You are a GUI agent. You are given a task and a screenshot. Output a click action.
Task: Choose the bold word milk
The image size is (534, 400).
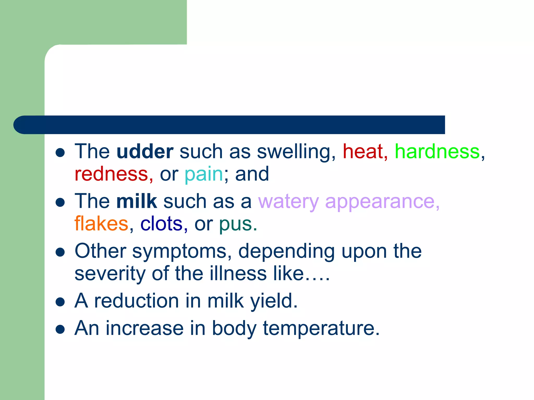tap(137, 201)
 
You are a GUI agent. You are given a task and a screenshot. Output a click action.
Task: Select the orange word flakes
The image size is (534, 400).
tap(101, 224)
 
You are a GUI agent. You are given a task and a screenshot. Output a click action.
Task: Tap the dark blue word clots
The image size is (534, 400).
tap(161, 224)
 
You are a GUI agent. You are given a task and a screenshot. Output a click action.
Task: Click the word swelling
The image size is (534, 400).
tap(294, 152)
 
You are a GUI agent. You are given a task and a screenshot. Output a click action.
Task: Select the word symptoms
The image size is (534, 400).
tap(180, 251)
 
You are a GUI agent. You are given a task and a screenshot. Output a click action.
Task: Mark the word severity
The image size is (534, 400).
tap(110, 274)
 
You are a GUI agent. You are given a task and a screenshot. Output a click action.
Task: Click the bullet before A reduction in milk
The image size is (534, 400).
tap(60, 302)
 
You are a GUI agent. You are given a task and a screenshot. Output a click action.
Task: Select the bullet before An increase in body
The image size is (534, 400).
tap(60, 329)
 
